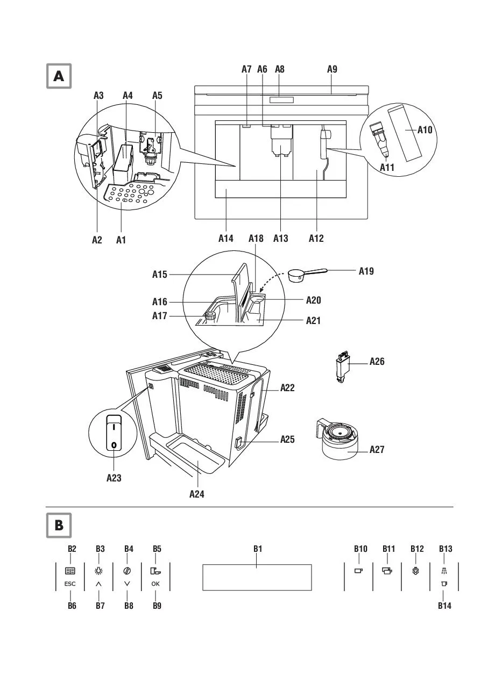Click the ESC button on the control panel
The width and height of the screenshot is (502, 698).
click(x=70, y=584)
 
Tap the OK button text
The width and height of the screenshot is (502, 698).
click(x=155, y=584)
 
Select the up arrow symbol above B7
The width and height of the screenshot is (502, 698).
click(x=98, y=584)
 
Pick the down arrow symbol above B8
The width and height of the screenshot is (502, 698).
click(x=127, y=584)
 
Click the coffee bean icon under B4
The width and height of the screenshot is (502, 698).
click(x=127, y=571)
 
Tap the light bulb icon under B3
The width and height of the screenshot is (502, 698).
click(x=98, y=571)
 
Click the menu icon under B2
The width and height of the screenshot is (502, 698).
click(x=70, y=571)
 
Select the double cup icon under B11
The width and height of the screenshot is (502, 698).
click(x=387, y=571)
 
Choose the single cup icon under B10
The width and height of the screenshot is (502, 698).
click(x=358, y=571)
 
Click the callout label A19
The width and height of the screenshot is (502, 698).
click(x=366, y=271)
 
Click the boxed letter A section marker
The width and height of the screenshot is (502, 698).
click(x=59, y=76)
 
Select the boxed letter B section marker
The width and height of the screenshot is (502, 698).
click(x=59, y=526)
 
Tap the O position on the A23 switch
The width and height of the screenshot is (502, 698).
click(x=114, y=445)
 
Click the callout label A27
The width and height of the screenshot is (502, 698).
click(x=377, y=449)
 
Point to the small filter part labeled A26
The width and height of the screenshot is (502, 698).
click(x=342, y=366)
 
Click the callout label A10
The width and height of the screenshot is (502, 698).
click(x=425, y=129)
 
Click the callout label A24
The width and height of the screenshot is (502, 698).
click(x=197, y=494)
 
